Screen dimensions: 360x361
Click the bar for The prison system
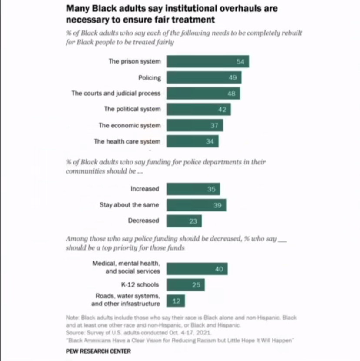[x=208, y=61]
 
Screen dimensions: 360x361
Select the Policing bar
[x=204, y=77]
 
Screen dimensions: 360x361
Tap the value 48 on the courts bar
[x=231, y=94]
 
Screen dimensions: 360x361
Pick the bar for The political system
[x=199, y=109]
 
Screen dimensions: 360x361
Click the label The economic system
[x=130, y=125]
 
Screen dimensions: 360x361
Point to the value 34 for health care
[x=210, y=141]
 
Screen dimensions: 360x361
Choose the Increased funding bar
[x=193, y=189]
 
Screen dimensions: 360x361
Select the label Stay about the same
[x=129, y=205]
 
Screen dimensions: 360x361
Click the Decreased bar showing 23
[x=184, y=221]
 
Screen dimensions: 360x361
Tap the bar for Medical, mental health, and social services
[x=197, y=269]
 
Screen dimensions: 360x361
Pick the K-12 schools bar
[x=186, y=285]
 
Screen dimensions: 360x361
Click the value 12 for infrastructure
[x=176, y=301]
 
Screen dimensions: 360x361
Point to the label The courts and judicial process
[x=116, y=94]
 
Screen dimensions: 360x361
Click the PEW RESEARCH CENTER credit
[x=98, y=351]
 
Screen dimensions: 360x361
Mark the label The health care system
[x=127, y=141]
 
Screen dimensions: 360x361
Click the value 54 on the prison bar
[x=240, y=61]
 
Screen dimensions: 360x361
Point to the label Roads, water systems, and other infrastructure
[x=126, y=300]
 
